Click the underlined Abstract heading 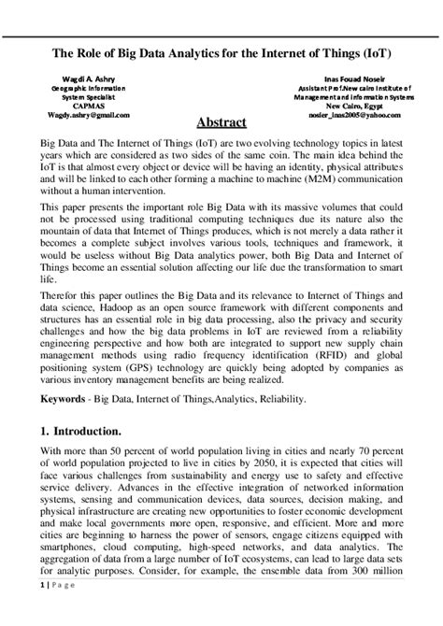[221, 122]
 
